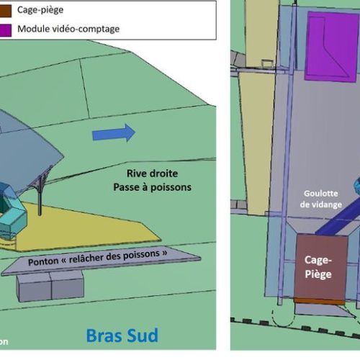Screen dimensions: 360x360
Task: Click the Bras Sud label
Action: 122,335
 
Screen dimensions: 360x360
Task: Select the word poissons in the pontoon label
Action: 144,254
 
